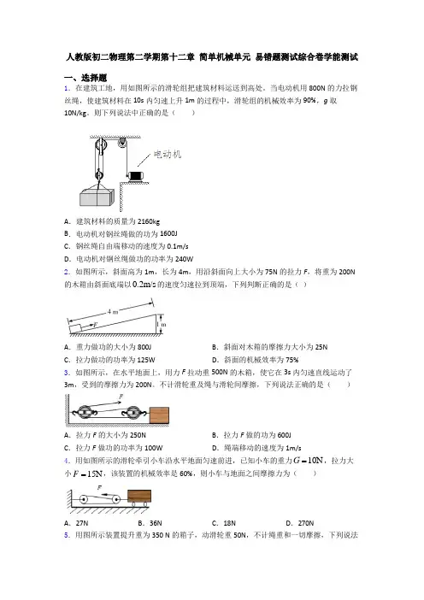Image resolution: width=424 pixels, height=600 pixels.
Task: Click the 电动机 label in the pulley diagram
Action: coord(168,154)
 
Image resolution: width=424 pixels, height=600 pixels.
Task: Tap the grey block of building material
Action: coord(97,197)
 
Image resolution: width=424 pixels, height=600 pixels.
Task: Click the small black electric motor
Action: coord(135,176)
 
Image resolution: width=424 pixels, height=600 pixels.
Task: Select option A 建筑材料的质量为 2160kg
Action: coord(112,221)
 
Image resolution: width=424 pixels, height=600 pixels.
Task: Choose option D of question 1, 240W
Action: coord(128,259)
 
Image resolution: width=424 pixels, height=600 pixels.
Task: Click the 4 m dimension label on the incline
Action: coord(113,312)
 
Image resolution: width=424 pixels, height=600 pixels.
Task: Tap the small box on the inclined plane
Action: coord(75,328)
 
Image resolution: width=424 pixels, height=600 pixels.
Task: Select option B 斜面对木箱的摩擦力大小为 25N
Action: coord(270,347)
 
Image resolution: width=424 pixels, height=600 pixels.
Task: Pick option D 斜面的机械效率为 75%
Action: coord(256,360)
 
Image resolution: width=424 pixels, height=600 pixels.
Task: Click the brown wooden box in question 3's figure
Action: coord(159,415)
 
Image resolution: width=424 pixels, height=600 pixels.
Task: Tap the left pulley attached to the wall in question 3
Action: coord(84,413)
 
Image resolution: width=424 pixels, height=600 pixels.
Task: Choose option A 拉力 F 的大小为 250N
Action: coord(105,435)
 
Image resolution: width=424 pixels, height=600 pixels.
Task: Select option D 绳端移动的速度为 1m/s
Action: coord(256,448)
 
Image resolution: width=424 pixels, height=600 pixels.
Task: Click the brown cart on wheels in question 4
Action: coord(139,497)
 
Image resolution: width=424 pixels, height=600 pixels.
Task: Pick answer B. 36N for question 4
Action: coord(150,523)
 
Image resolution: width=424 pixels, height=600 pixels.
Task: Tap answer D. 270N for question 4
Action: coord(300,523)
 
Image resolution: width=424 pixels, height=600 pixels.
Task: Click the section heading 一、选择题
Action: coord(85,78)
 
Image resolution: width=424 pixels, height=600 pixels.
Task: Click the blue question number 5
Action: coord(67,535)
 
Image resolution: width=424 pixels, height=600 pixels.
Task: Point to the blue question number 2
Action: coord(67,272)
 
